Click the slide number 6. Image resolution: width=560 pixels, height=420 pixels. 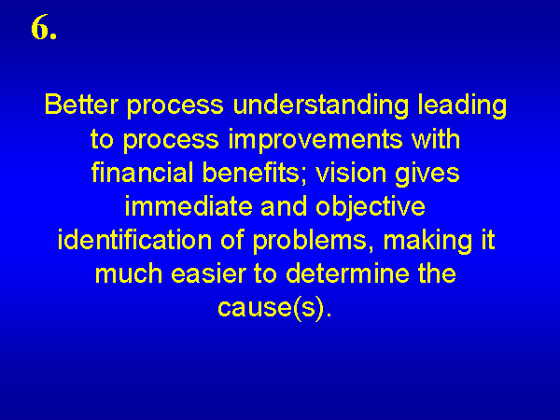point(44,27)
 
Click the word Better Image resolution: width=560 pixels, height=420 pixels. point(81,105)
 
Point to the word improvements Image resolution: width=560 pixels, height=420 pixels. point(315,140)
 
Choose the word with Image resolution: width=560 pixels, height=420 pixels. point(436,138)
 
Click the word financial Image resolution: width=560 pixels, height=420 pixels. point(143,173)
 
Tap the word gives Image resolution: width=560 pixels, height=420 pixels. point(427,175)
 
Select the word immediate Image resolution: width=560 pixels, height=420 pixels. point(189,206)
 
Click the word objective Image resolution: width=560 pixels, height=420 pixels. point(371,208)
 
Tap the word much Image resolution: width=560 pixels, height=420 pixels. point(129,273)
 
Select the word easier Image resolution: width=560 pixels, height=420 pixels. point(208,274)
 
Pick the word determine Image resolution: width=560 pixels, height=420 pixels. point(347,273)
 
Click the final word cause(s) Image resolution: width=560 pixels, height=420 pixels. point(274,307)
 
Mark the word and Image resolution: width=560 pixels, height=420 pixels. point(284,206)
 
